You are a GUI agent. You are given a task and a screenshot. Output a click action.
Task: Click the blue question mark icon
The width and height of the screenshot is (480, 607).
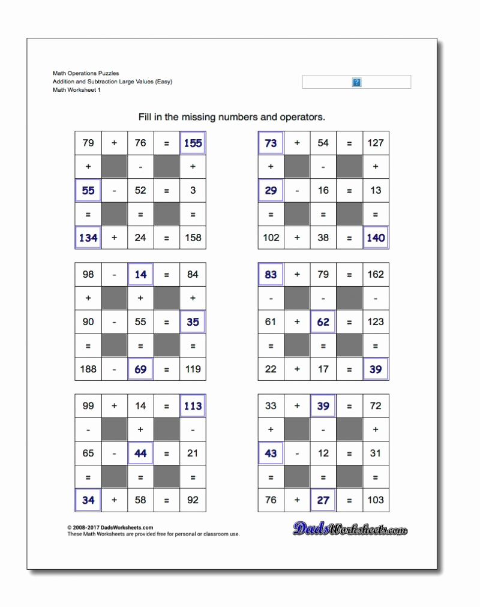coord(356,82)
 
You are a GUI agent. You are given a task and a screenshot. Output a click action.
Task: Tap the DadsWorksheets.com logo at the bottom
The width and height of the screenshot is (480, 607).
coord(350,529)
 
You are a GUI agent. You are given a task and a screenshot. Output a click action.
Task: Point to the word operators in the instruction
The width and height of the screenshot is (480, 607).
coord(303,118)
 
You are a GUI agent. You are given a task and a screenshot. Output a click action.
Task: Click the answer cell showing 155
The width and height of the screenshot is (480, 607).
coord(193,143)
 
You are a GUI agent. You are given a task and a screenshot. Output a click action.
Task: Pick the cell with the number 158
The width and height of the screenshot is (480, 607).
coord(193,238)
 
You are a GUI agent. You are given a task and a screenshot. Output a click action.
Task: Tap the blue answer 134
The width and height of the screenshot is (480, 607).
coord(88,238)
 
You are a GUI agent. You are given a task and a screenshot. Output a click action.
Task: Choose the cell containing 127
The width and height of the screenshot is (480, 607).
coord(376,143)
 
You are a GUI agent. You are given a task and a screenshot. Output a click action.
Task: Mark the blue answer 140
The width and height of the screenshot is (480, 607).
coord(376,238)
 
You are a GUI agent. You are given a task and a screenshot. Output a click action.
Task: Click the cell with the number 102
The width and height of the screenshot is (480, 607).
coord(271,238)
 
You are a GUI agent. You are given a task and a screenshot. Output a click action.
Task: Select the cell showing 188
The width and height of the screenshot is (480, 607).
coord(88,369)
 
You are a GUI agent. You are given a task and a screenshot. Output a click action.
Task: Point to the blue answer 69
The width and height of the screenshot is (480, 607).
coord(140,369)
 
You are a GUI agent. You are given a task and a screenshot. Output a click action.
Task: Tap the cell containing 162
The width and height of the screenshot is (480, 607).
coord(376,274)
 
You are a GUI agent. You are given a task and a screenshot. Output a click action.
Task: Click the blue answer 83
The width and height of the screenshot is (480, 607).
coord(271,274)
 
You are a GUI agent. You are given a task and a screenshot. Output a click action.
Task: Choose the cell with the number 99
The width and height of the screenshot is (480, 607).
coord(88,405)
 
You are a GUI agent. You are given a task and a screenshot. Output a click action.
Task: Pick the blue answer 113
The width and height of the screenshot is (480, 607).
coord(193,405)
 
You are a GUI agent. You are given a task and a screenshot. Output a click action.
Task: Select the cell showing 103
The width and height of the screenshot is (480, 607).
coord(376,500)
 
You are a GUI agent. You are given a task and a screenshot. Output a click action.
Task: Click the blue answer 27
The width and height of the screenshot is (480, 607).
coord(323,500)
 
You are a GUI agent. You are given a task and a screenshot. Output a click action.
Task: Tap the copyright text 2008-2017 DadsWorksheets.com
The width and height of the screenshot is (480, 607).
coord(110,528)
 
